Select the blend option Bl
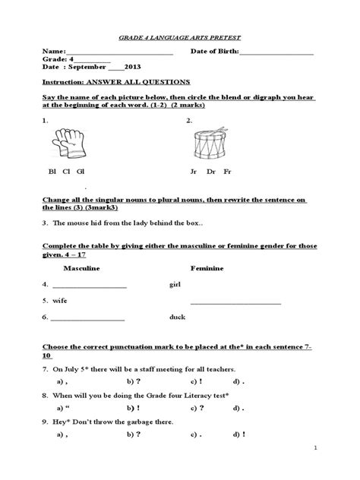pos(52,172)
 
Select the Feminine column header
pos(207,270)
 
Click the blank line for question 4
pos(89,287)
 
